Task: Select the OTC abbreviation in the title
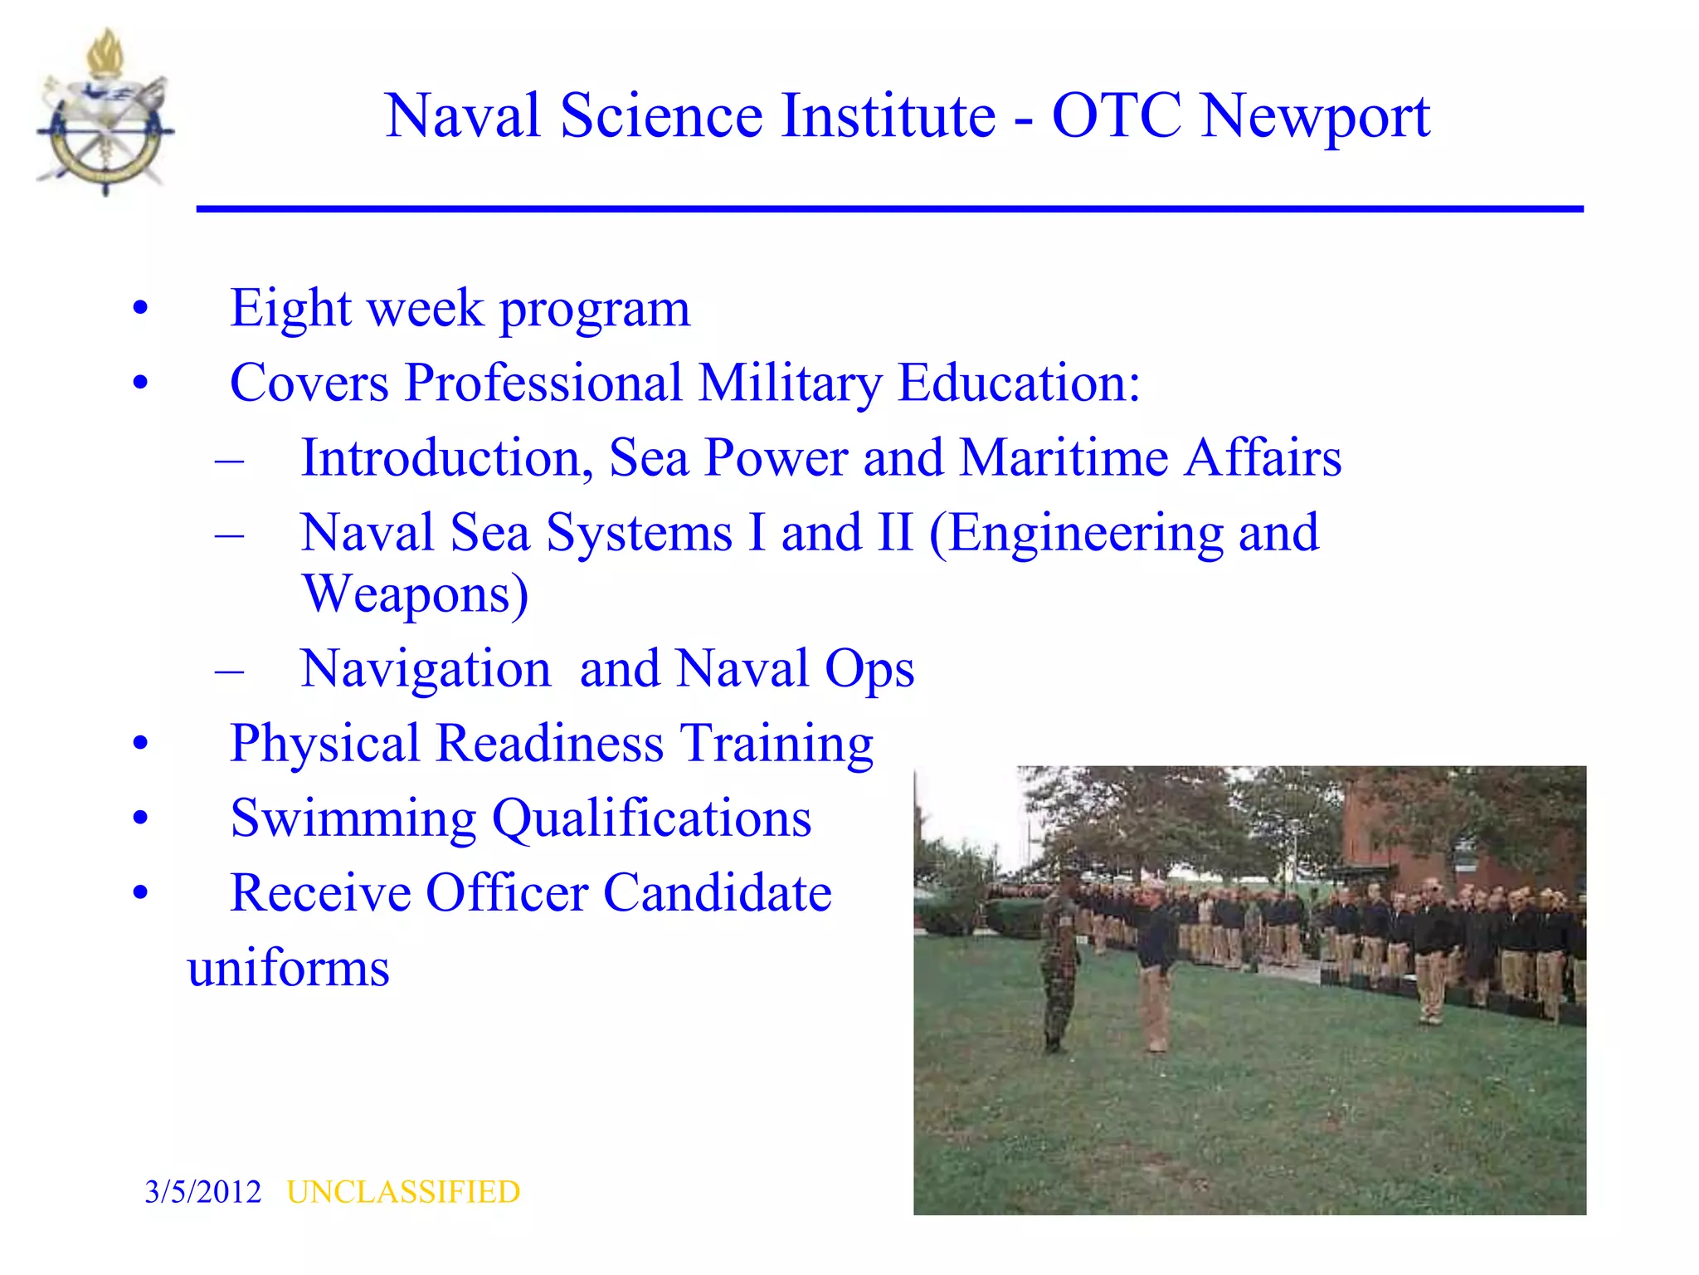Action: (1117, 115)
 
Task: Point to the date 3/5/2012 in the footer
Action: (202, 1192)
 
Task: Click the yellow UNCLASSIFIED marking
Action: (403, 1192)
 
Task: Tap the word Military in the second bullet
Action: (790, 383)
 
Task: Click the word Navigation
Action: (426, 669)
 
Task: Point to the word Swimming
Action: (353, 818)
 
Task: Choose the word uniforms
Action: (288, 968)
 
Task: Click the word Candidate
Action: (717, 893)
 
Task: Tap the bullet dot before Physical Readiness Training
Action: (140, 743)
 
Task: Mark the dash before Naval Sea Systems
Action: (229, 533)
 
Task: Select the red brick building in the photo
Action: (1410, 838)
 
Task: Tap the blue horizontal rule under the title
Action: (889, 209)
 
